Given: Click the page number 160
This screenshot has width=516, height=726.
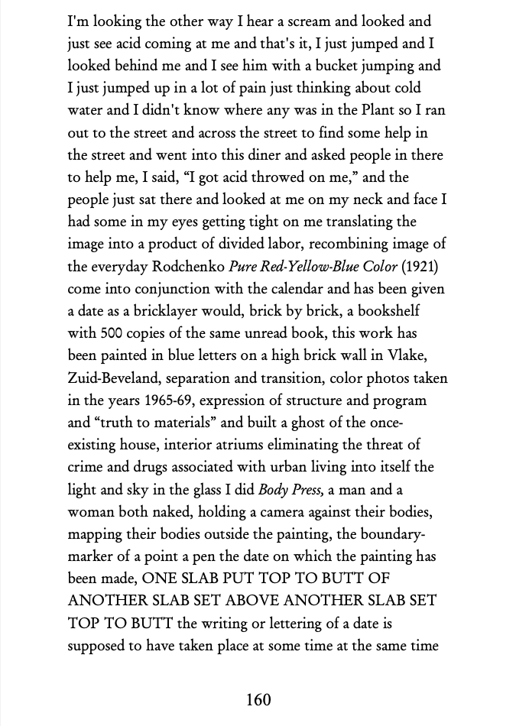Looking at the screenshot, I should tap(258, 698).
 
